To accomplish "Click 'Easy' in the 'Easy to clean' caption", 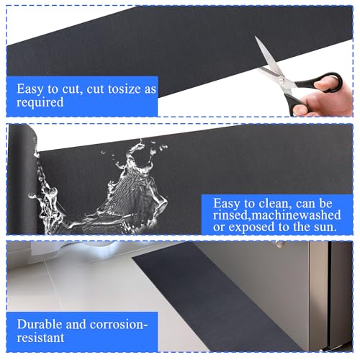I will [x=221, y=204].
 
